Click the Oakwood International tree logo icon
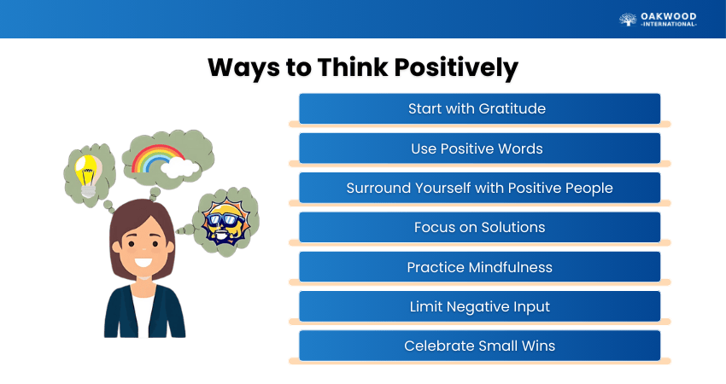pyautogui.click(x=628, y=19)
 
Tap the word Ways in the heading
pyautogui.click(x=243, y=68)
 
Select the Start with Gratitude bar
pyautogui.click(x=480, y=108)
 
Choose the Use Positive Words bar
pyautogui.click(x=480, y=148)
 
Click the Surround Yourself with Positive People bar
pyautogui.click(x=480, y=188)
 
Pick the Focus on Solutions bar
pyautogui.click(x=480, y=227)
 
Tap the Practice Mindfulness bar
pyautogui.click(x=480, y=267)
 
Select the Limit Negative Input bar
pyautogui.click(x=480, y=306)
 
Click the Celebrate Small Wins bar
pyautogui.click(x=480, y=346)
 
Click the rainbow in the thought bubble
pyautogui.click(x=156, y=158)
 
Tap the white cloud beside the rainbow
pyautogui.click(x=179, y=168)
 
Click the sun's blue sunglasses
pyautogui.click(x=226, y=220)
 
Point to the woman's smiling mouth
pyautogui.click(x=143, y=262)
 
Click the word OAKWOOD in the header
pyautogui.click(x=669, y=17)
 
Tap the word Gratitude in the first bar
pyautogui.click(x=512, y=108)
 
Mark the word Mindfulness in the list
pyautogui.click(x=510, y=267)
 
